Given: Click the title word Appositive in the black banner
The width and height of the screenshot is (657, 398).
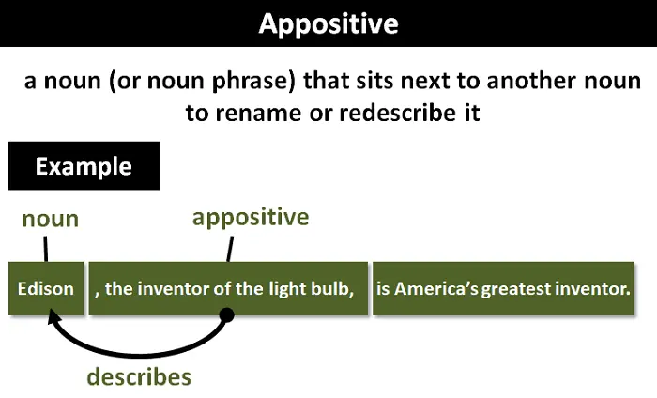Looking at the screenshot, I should tap(328, 23).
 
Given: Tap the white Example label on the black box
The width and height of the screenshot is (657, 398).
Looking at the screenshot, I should tap(84, 167).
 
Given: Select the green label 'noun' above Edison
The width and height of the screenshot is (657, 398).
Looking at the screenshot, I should tap(51, 220).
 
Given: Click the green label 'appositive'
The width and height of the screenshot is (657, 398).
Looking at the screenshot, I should tap(251, 218).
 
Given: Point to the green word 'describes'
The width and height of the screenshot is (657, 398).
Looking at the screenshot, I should tap(139, 376).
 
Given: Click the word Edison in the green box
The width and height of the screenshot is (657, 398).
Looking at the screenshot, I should tap(46, 288).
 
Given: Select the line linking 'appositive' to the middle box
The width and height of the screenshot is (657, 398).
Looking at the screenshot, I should tap(228, 247).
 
